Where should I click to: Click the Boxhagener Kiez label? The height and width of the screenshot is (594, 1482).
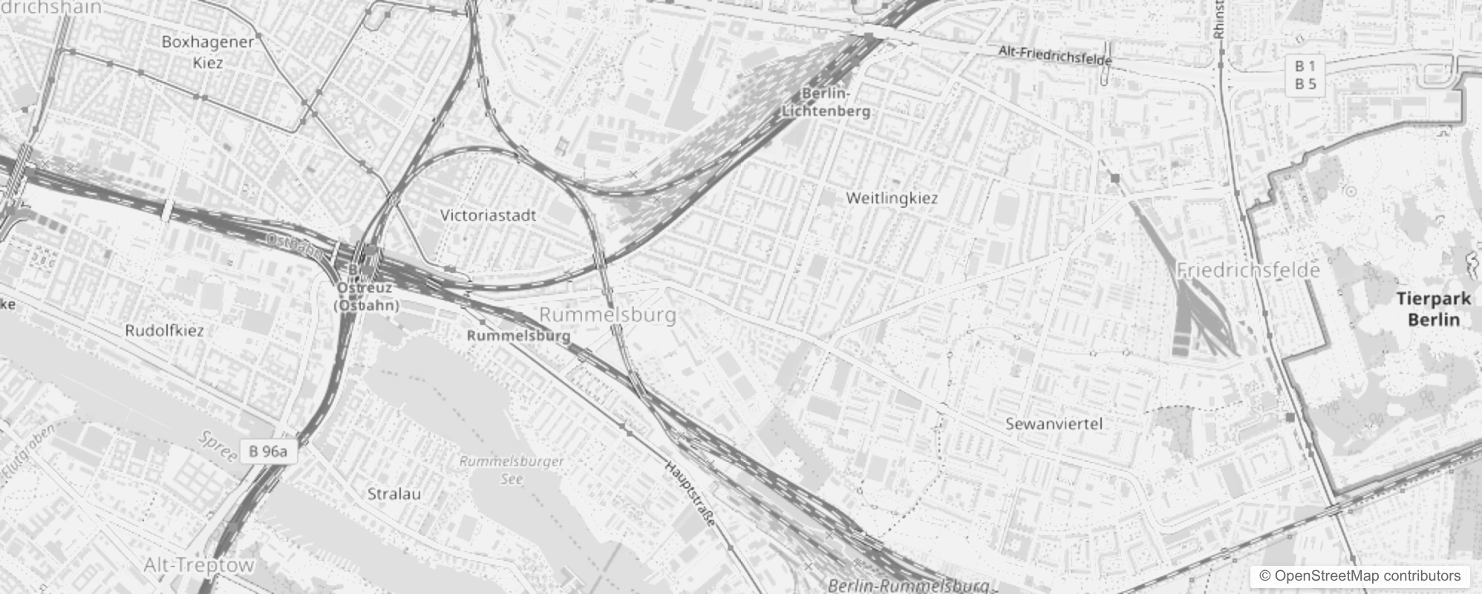(x=208, y=52)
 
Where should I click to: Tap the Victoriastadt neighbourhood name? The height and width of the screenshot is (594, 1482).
(x=488, y=215)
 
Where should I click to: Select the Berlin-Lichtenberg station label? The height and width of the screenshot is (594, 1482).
(x=826, y=102)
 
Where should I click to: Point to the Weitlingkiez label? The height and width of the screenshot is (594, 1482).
(x=892, y=198)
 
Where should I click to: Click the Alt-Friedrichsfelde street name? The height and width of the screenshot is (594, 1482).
(x=1055, y=55)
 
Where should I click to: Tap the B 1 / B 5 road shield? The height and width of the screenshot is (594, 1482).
(x=1305, y=76)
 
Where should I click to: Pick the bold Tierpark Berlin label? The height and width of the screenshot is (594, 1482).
(x=1434, y=309)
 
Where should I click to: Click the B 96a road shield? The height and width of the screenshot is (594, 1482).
(x=268, y=451)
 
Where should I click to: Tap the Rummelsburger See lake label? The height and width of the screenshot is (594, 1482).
(x=512, y=469)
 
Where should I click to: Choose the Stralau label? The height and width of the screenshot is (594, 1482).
(x=394, y=494)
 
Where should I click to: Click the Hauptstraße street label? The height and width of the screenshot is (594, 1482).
(x=691, y=493)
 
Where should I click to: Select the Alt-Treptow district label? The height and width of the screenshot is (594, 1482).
(x=199, y=565)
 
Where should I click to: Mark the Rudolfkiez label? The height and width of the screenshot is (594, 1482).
(x=164, y=330)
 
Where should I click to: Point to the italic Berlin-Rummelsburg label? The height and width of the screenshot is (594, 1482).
(x=908, y=586)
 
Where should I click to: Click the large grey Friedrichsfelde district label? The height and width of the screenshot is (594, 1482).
(x=1248, y=270)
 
